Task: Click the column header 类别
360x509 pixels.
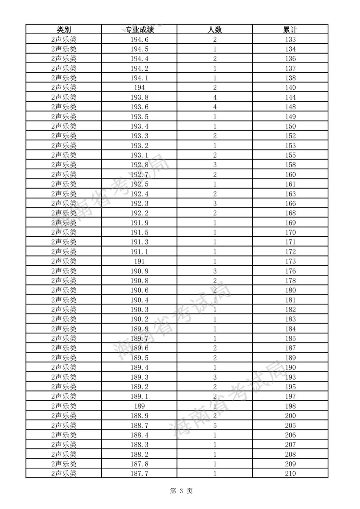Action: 64,30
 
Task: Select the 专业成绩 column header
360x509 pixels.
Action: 139,30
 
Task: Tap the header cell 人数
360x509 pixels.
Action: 215,30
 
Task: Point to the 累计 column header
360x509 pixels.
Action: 290,30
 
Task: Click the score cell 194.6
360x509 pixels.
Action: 139,39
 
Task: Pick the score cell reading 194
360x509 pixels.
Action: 139,88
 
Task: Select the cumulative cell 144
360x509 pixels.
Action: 290,97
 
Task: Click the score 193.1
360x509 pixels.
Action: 139,155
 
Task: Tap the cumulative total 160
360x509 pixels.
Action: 290,175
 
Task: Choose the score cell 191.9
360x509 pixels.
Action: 139,223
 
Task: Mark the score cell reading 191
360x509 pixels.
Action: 139,261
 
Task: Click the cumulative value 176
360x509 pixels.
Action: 290,271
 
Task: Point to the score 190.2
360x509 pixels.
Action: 139,319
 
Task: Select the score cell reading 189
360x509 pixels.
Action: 139,406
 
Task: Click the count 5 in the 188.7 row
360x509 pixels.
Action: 215,425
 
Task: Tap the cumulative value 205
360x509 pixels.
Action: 290,425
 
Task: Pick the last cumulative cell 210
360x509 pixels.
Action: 290,473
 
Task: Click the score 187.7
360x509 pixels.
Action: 139,473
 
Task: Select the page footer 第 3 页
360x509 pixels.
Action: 181,491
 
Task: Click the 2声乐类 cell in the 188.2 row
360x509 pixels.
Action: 64,454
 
